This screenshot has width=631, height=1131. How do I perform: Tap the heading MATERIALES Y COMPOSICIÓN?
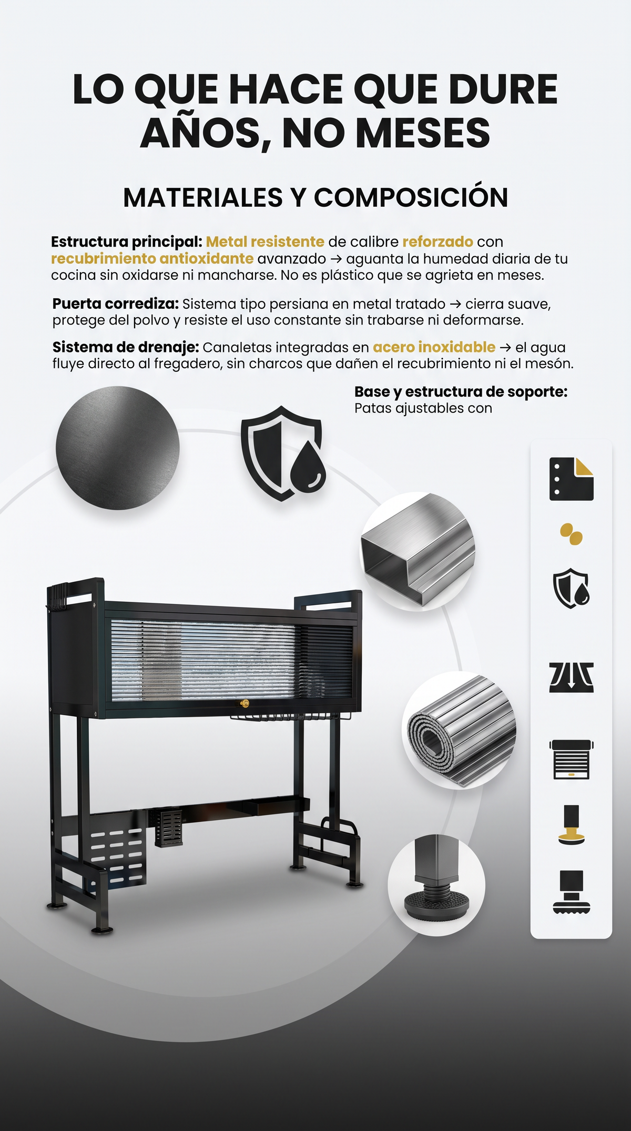tap(315, 198)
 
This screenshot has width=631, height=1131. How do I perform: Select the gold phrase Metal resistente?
tap(265, 242)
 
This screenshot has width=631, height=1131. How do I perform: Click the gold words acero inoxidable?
tap(434, 347)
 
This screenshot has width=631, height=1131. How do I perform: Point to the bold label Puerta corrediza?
tap(116, 304)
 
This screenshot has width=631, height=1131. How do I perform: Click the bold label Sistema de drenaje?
tap(126, 347)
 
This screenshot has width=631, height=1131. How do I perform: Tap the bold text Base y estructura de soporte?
tap(461, 392)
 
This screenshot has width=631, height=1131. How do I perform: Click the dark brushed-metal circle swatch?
tap(118, 448)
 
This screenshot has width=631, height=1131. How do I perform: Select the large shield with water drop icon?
tap(283, 453)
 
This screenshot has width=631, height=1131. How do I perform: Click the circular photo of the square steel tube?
tap(418, 551)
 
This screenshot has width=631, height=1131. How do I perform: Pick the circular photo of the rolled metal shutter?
tap(459, 730)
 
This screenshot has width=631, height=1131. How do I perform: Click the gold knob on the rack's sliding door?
tap(244, 704)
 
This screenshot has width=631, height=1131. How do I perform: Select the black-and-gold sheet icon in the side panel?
tap(571, 479)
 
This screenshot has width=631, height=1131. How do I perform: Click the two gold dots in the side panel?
tap(571, 534)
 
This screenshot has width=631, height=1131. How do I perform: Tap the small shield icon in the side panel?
tap(571, 588)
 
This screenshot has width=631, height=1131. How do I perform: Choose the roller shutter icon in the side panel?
tap(571, 759)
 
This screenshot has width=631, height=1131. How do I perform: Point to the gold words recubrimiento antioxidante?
tap(152, 259)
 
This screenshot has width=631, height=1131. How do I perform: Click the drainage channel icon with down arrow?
tap(571, 677)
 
